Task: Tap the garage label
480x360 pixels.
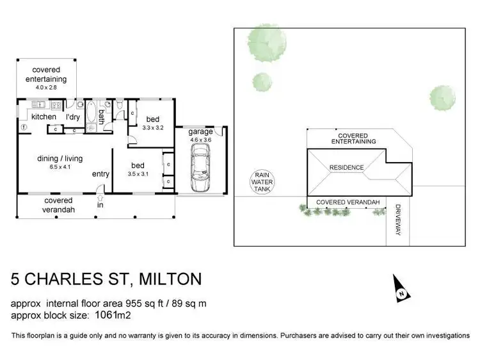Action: [x=200, y=131]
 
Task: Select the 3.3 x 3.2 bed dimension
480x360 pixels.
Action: [x=152, y=127]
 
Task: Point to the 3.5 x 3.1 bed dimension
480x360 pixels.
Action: [x=138, y=174]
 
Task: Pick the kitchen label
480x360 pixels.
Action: [x=44, y=117]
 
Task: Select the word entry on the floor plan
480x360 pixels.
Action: [x=100, y=174]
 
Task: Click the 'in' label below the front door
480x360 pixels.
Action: [x=100, y=206]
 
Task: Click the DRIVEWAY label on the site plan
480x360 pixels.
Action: [x=397, y=220]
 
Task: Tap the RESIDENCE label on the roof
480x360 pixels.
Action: [x=346, y=168]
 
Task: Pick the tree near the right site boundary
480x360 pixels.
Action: [x=442, y=97]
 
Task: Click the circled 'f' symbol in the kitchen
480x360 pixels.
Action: [x=24, y=127]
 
